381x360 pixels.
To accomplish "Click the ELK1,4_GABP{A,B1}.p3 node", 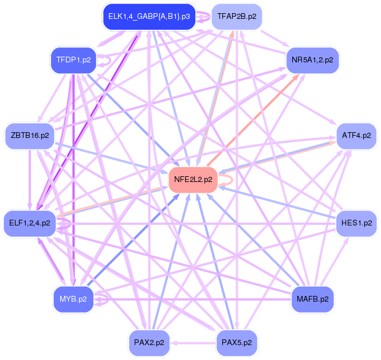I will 148,16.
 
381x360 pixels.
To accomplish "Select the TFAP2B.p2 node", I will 237,16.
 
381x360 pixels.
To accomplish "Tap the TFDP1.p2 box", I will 72,60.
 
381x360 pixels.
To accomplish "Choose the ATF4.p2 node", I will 356,136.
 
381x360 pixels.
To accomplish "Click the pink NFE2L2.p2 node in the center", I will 193,179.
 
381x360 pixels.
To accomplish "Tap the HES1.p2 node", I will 356,223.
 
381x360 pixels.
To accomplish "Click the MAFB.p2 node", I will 313,299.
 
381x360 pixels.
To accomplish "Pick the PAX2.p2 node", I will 149,342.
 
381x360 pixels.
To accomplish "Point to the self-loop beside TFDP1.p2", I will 106,60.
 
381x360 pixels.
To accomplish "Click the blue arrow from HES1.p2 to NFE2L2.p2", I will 275,201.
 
